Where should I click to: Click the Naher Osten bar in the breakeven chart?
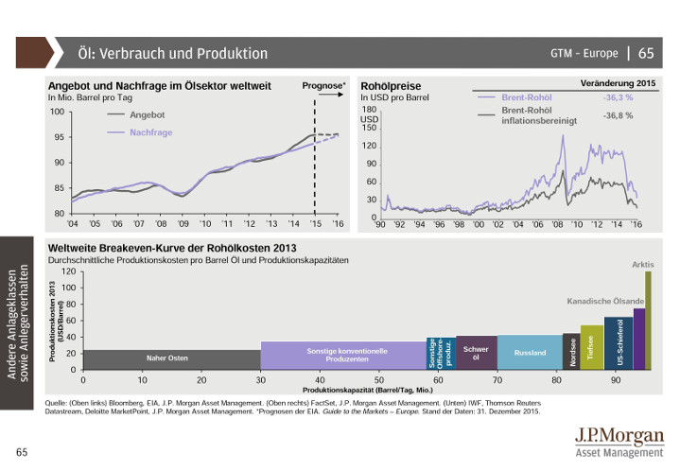pyautogui.click(x=166, y=358)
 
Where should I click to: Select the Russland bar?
pyautogui.click(x=530, y=352)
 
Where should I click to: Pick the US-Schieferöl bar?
pyautogui.click(x=619, y=343)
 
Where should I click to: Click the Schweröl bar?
pyautogui.click(x=476, y=352)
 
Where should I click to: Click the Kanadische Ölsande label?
pyautogui.click(x=605, y=301)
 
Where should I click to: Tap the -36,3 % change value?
pyautogui.click(x=618, y=97)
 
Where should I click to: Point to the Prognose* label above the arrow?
pyautogui.click(x=323, y=86)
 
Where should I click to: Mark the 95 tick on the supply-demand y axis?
pyautogui.click(x=58, y=137)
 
